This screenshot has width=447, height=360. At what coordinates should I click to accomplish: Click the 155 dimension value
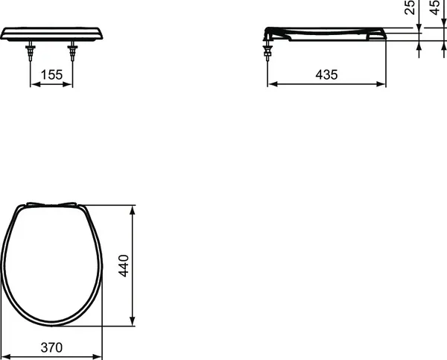(x=51, y=75)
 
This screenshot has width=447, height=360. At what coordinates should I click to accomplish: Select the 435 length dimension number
(x=326, y=75)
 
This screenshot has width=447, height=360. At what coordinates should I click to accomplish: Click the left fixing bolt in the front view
(x=29, y=52)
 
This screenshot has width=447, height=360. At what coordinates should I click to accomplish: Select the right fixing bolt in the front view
(x=73, y=52)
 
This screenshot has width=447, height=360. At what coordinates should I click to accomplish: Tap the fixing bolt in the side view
(x=267, y=51)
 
